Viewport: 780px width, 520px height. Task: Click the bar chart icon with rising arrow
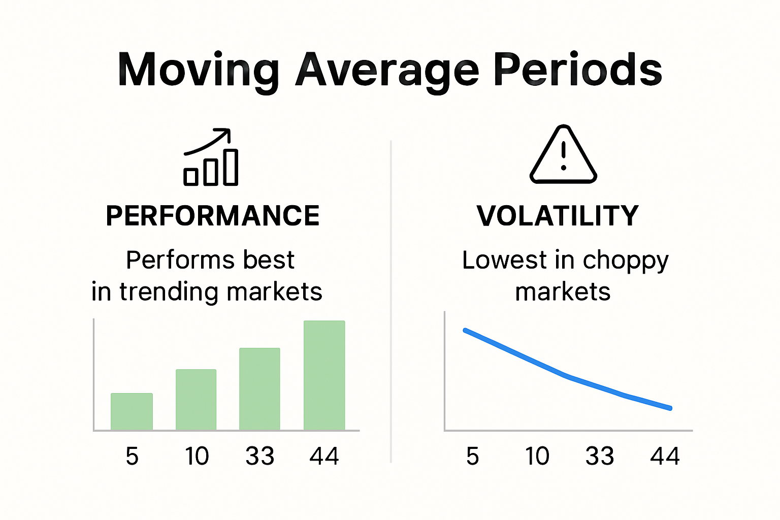tap(210, 157)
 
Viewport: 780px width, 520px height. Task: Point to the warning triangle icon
tap(563, 155)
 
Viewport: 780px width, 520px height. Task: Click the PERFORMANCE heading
tap(213, 216)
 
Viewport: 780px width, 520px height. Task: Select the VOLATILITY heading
tap(558, 216)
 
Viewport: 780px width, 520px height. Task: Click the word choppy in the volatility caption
tap(625, 261)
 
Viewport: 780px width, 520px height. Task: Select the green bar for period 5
tap(132, 412)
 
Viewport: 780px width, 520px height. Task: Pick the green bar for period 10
tap(196, 400)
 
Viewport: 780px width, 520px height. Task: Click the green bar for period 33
tap(259, 389)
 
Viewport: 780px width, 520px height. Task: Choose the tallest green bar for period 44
tap(324, 375)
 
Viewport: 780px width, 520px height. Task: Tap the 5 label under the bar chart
tap(132, 456)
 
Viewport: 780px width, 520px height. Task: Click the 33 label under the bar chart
tap(259, 456)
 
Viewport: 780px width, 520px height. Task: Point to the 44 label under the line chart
tap(665, 456)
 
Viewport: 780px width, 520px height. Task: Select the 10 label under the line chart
tap(537, 456)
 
